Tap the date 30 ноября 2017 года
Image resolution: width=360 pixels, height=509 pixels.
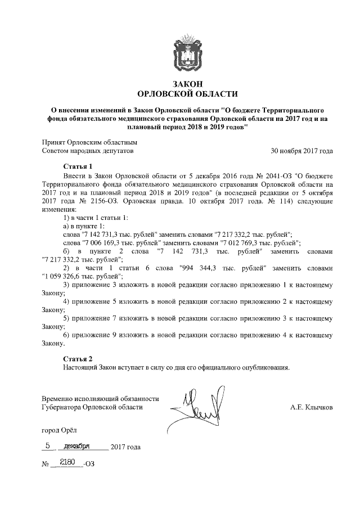click(302, 151)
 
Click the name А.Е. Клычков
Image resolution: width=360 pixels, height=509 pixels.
click(311, 407)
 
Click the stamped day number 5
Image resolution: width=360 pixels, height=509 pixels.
click(49, 446)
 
